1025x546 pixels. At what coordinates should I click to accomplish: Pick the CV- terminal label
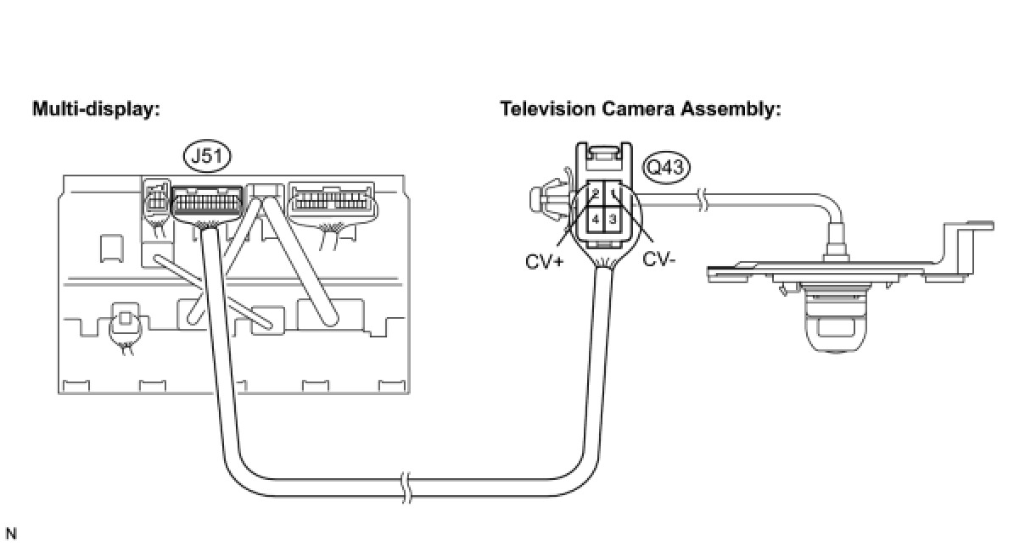pyautogui.click(x=659, y=259)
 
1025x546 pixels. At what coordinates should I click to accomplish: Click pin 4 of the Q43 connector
pyautogui.click(x=595, y=220)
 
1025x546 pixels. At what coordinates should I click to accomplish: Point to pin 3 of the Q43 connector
pyautogui.click(x=613, y=220)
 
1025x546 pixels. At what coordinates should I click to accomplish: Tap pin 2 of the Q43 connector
pyautogui.click(x=595, y=193)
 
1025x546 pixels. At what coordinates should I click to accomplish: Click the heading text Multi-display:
pyautogui.click(x=97, y=109)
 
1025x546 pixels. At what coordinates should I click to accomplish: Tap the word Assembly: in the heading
pyautogui.click(x=731, y=110)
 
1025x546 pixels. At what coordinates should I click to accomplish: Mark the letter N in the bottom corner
pyautogui.click(x=11, y=533)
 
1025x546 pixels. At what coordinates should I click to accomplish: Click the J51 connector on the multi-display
pyautogui.click(x=207, y=200)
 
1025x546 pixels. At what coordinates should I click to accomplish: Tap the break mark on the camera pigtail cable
pyautogui.click(x=703, y=200)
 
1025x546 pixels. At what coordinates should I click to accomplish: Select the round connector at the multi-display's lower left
pyautogui.click(x=125, y=324)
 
